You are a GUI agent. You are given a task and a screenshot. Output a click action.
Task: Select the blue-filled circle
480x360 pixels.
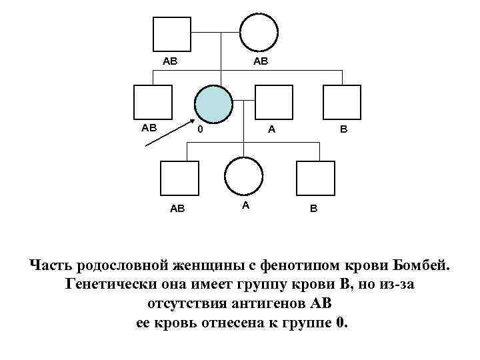(x=214, y=103)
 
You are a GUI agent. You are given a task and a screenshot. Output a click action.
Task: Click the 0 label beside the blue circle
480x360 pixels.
(x=199, y=129)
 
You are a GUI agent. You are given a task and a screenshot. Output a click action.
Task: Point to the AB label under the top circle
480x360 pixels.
(x=259, y=61)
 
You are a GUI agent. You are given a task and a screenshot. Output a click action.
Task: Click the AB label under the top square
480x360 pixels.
(x=170, y=61)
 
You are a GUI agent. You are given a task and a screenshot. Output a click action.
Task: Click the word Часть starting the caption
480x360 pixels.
(x=51, y=267)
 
